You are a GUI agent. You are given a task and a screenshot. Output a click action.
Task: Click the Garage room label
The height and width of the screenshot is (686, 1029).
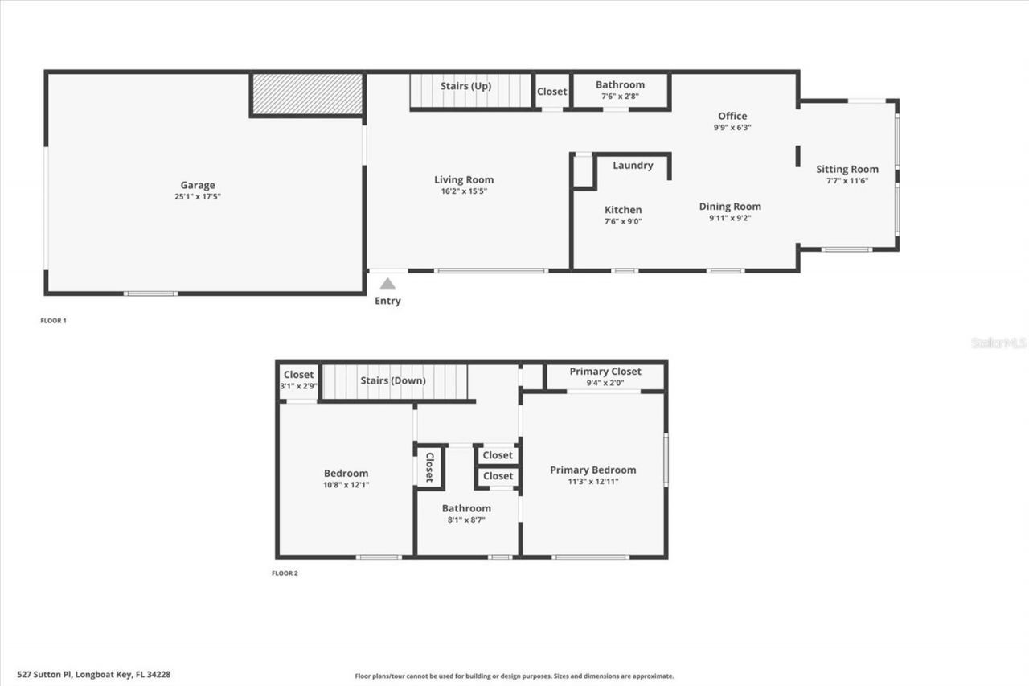click(197, 185)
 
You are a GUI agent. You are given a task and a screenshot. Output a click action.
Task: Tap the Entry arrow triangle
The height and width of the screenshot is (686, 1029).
click(387, 283)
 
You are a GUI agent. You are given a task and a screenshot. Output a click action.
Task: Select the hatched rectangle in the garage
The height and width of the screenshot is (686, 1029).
click(306, 94)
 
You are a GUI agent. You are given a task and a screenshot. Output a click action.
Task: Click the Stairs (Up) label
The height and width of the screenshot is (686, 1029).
click(465, 86)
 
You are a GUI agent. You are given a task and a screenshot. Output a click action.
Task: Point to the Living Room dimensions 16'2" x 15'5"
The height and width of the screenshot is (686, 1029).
click(464, 191)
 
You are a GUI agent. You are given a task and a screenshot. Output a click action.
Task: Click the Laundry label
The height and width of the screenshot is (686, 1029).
click(633, 166)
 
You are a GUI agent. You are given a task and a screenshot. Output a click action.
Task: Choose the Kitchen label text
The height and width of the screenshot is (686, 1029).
click(623, 210)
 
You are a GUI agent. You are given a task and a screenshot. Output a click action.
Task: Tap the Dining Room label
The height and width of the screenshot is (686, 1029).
click(730, 206)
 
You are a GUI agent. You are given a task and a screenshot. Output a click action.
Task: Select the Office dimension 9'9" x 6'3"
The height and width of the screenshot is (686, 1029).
click(732, 127)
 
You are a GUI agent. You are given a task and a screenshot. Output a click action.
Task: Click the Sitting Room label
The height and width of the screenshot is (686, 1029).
click(847, 169)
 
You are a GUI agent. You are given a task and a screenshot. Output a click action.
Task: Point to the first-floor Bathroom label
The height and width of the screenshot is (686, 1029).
click(620, 84)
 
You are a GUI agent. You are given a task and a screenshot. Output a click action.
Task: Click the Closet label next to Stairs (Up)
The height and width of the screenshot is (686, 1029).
click(551, 92)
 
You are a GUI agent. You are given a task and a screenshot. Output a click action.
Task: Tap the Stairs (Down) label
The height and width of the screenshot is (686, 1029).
click(393, 380)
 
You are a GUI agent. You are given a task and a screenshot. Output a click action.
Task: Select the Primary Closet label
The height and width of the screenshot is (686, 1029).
click(605, 371)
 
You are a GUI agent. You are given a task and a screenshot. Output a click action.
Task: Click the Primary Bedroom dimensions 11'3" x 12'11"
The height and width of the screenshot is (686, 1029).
click(592, 481)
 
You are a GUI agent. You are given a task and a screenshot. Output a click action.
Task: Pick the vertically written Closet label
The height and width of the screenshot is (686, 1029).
click(430, 466)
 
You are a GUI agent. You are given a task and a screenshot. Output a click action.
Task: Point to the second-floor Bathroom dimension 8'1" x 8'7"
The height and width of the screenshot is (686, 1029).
click(466, 520)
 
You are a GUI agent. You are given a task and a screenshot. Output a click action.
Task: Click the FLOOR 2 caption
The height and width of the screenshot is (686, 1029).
click(285, 573)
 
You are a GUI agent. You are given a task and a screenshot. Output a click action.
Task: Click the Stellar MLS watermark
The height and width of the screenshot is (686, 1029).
click(998, 343)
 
